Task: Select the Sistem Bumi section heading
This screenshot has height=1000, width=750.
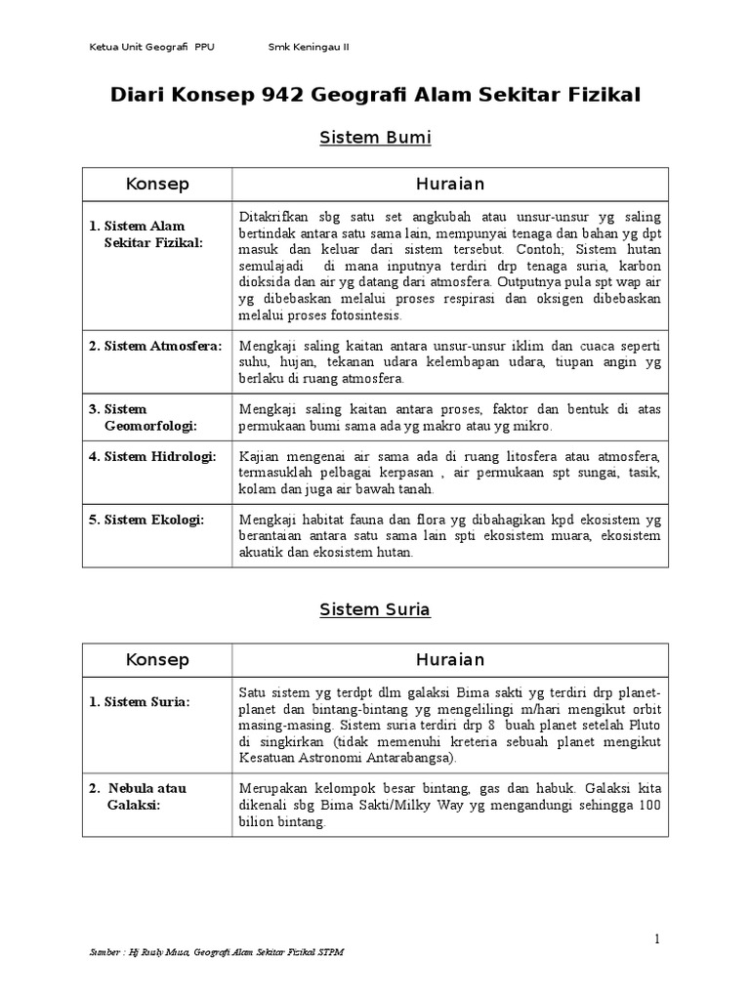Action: tap(375, 138)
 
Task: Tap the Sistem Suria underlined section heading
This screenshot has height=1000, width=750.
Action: tap(375, 609)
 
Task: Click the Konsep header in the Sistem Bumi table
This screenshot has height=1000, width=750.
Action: tap(157, 185)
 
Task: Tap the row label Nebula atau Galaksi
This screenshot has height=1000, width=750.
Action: tap(147, 796)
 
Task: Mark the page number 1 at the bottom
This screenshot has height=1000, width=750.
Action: tap(658, 939)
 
